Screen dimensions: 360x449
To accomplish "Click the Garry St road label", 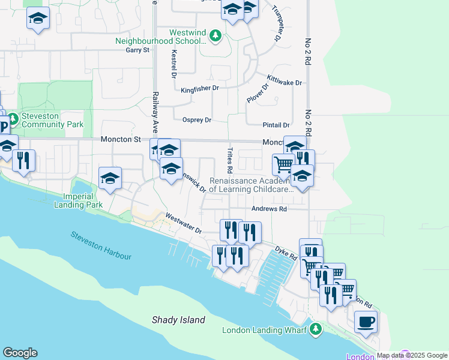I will pyautogui.click(x=137, y=50).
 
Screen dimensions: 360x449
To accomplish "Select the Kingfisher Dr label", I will pyautogui.click(x=200, y=89).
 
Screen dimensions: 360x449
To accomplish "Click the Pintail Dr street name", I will pyautogui.click(x=276, y=125).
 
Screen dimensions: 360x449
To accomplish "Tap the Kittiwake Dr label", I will pyautogui.click(x=285, y=82).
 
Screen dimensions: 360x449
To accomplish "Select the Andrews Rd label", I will pyautogui.click(x=269, y=209).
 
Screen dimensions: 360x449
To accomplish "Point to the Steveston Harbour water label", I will pyautogui.click(x=100, y=245).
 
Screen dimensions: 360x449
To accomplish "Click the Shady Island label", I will pyautogui.click(x=178, y=320).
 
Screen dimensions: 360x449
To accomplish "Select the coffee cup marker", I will pyautogui.click(x=366, y=322).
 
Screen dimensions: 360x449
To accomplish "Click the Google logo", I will pyautogui.click(x=20, y=353).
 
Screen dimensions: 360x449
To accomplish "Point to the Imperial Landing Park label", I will pyautogui.click(x=85, y=200).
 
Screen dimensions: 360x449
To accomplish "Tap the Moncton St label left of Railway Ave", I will pyautogui.click(x=120, y=139).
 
